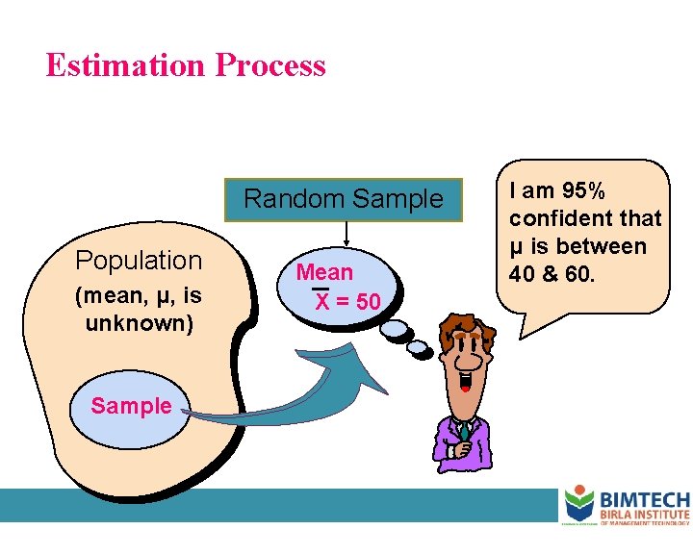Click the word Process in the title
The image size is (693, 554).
pyautogui.click(x=271, y=65)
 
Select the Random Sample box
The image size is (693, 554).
pyautogui.click(x=344, y=200)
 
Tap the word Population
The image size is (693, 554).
pyautogui.click(x=139, y=261)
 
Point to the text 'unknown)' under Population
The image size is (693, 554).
pyautogui.click(x=139, y=323)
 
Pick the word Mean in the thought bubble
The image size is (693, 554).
pyautogui.click(x=324, y=272)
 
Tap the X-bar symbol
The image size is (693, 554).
pyautogui.click(x=322, y=301)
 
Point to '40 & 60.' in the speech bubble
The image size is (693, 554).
pyautogui.click(x=553, y=275)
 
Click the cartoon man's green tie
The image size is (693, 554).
pyautogui.click(x=464, y=433)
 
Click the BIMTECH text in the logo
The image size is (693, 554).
pyautogui.click(x=645, y=499)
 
